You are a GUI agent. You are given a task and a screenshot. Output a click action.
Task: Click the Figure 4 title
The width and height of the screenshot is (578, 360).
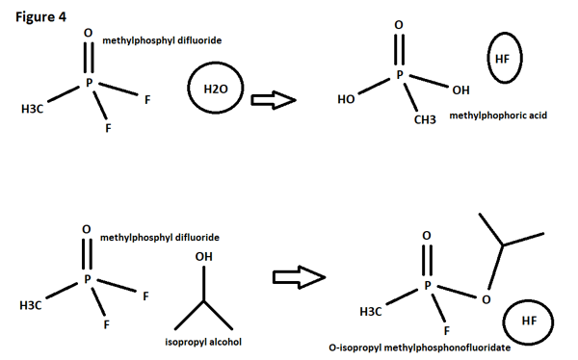click(39, 16)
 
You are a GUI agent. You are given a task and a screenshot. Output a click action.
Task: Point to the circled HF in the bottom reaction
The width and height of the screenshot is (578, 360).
click(529, 321)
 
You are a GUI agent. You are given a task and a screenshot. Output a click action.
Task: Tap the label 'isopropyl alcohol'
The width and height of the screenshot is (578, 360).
click(198, 342)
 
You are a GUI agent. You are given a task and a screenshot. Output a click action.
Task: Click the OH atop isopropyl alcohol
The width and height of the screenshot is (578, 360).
click(203, 257)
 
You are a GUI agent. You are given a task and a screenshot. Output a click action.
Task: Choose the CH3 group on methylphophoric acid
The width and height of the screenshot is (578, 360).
click(425, 119)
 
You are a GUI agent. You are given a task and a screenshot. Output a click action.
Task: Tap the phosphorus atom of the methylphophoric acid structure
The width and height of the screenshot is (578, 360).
click(401, 73)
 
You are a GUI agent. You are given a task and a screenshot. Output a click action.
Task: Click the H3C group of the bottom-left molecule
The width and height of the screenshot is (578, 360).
click(31, 306)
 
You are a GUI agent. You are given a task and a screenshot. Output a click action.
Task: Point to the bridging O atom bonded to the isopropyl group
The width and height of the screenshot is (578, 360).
click(485, 299)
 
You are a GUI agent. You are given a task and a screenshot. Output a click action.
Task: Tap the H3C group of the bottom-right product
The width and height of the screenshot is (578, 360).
click(369, 312)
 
